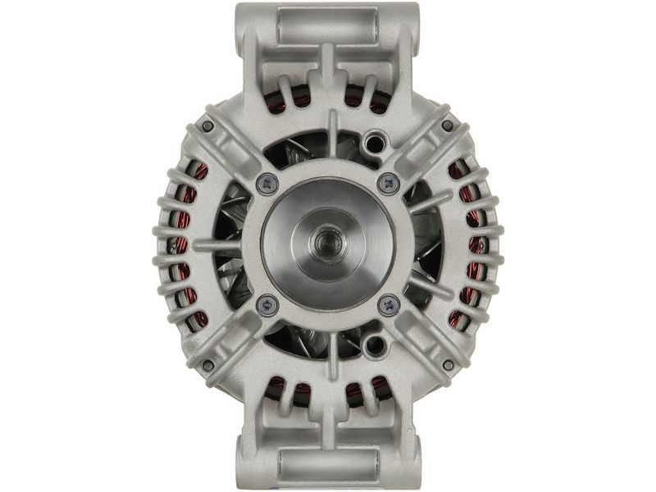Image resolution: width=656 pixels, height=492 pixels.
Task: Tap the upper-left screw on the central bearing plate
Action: (265, 183)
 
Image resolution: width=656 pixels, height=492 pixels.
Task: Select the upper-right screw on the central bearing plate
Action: (388, 183)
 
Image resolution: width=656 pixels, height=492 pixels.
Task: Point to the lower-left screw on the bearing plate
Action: (265, 304)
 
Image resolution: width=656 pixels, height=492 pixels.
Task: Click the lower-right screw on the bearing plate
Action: (388, 304)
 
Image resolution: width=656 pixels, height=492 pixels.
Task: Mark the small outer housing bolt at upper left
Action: (207, 125)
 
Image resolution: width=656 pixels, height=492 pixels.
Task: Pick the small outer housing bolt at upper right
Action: (448, 125)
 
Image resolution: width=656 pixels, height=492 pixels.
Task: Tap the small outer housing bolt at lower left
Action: (207, 364)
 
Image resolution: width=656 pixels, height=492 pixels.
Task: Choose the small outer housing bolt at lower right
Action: (448, 364)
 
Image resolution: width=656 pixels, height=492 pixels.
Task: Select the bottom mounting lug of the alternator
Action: (327, 465)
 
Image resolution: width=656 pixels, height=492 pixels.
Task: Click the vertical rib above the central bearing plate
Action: (331, 135)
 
